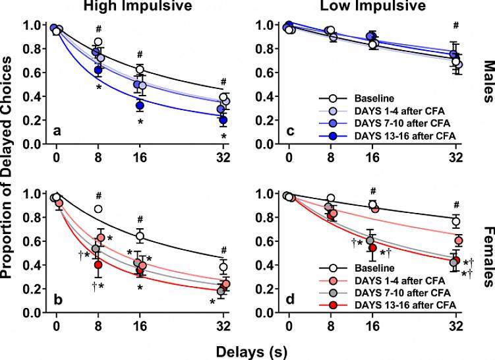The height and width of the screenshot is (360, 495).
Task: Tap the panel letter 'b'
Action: click(x=57, y=301)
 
